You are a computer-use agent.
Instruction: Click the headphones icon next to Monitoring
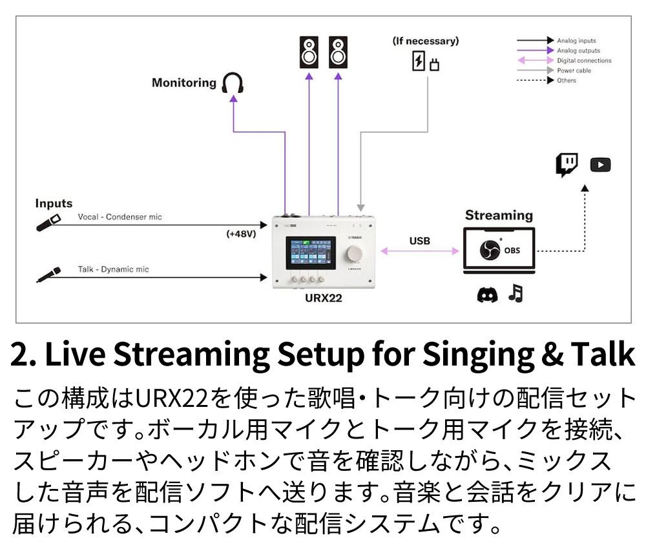233,83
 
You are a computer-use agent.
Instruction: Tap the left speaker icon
309,52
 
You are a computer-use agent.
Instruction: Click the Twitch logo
567,165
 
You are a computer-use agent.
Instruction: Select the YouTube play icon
600,165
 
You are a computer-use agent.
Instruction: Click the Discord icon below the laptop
486,295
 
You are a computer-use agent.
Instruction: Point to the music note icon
515,294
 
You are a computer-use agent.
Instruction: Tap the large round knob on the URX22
354,253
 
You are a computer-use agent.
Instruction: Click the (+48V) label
242,234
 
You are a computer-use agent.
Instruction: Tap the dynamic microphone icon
48,274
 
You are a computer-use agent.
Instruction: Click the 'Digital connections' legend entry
583,61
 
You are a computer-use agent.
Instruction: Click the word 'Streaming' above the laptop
499,215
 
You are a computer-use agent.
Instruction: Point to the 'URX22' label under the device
323,298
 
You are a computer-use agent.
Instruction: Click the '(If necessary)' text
426,41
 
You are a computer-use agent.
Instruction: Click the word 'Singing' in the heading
460,354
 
